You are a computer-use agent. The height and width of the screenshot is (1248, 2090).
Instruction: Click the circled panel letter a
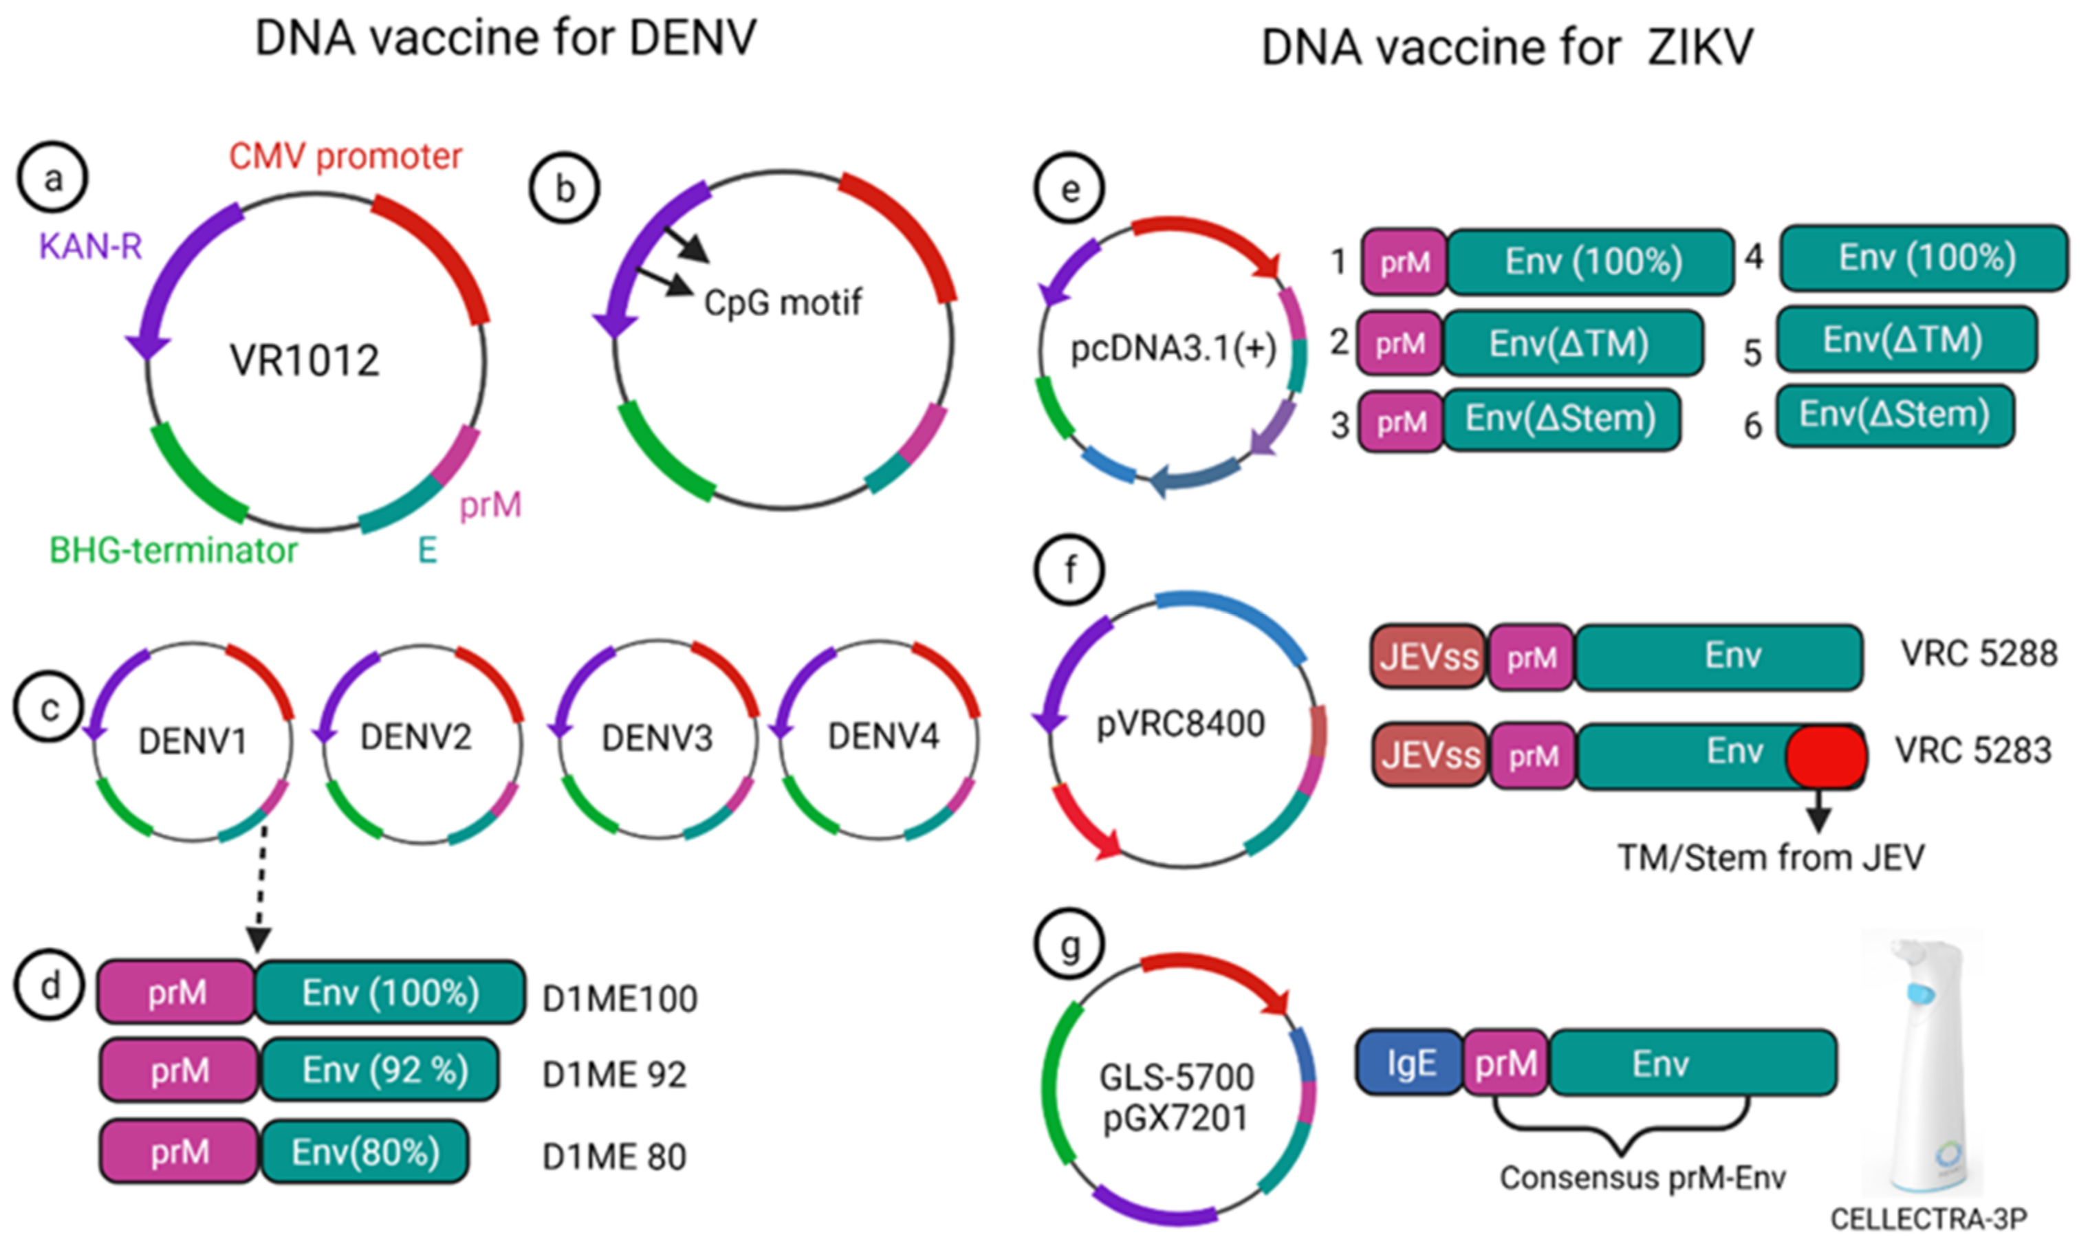[53, 178]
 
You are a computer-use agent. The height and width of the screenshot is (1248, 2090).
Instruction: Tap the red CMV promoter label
[346, 156]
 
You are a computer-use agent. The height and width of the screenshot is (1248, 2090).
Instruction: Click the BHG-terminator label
[173, 551]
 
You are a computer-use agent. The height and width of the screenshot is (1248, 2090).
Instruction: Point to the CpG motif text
[782, 303]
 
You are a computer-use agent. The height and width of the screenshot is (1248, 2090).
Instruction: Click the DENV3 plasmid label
[657, 738]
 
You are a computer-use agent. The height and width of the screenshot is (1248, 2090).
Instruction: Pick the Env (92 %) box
[384, 1071]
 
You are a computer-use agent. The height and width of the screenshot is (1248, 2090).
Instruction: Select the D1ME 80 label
[614, 1157]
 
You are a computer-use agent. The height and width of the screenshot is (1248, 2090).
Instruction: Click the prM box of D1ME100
[177, 993]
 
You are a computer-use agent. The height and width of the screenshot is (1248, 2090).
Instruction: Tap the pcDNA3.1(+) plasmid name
[1173, 348]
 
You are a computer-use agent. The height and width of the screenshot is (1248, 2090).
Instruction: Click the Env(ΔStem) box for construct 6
[1894, 415]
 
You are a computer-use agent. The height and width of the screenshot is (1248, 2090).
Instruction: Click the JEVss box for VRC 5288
[1428, 657]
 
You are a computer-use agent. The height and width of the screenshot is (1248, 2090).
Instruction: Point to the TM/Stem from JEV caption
[1770, 859]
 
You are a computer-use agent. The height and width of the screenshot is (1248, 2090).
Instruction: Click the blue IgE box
[1411, 1063]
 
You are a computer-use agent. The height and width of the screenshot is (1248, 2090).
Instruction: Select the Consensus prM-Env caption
[1642, 1178]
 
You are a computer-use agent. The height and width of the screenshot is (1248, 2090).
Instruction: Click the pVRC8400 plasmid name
[1180, 724]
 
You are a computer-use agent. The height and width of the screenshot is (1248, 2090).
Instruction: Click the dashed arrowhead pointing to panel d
[258, 939]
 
